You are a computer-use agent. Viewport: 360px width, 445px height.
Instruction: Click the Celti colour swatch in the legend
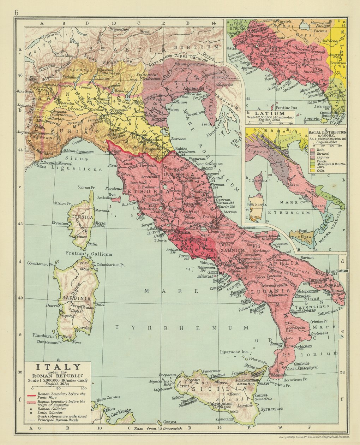(312, 171)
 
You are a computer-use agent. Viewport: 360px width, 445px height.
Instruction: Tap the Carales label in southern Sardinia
(85, 328)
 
